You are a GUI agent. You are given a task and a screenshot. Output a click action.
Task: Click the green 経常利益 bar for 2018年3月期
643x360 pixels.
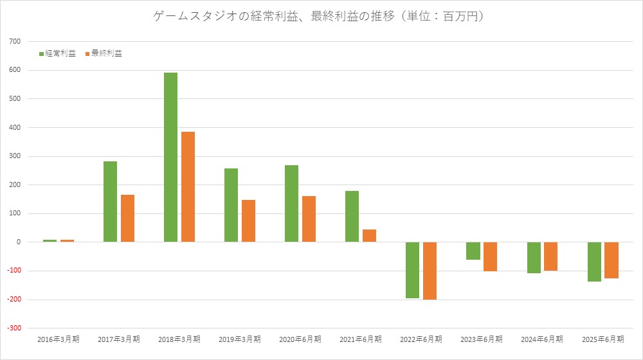point(170,157)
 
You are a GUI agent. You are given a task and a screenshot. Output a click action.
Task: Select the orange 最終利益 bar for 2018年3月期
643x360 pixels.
point(188,186)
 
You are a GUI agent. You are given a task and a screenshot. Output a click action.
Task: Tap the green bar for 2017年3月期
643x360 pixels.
point(110,202)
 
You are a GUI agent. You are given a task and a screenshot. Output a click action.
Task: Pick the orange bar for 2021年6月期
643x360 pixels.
point(369,235)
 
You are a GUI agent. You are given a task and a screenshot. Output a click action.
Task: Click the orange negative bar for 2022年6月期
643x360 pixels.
point(430,271)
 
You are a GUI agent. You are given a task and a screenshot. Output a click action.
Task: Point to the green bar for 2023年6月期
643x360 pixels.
point(473,251)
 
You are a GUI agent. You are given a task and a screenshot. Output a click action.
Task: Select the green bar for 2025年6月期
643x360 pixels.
point(594,262)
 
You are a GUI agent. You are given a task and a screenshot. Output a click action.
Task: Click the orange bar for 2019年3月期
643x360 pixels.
point(248,221)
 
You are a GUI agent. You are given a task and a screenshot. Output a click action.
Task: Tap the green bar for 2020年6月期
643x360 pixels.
point(291,204)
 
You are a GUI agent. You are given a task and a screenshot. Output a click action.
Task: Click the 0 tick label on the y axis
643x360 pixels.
point(19,242)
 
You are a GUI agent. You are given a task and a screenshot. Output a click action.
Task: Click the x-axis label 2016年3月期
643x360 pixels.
point(59,339)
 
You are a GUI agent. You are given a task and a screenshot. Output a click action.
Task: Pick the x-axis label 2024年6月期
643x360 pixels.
point(542,339)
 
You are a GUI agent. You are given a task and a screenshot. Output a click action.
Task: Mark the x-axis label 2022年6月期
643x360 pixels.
point(421,339)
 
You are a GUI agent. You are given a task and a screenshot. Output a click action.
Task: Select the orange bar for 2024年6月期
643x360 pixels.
point(550,256)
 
